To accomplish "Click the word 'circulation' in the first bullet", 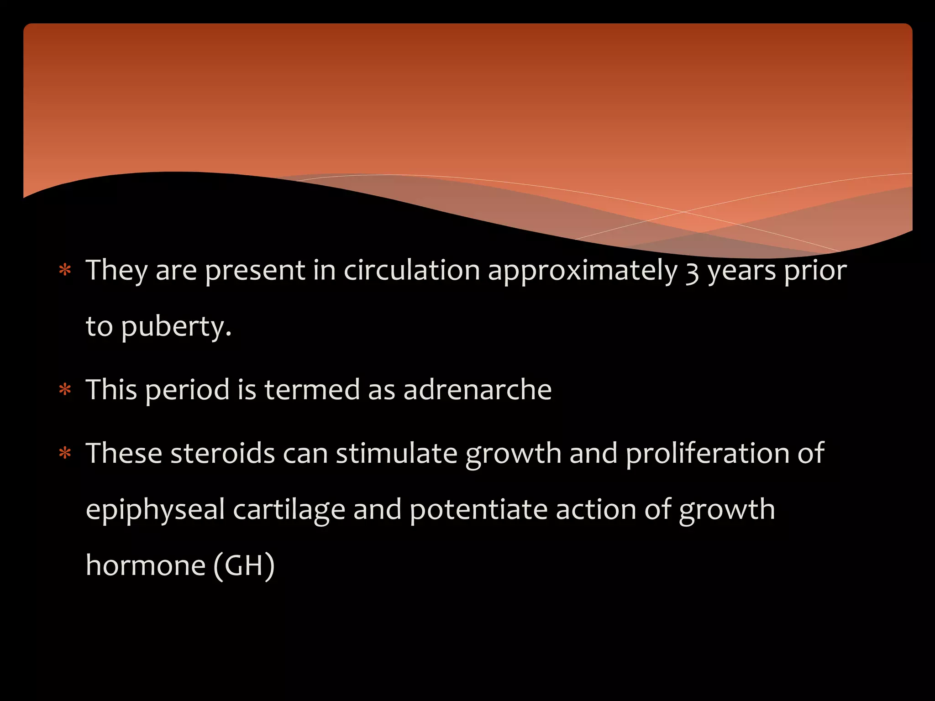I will tap(411, 270).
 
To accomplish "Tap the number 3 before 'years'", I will tap(692, 272).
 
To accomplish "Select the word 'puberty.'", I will tap(176, 327).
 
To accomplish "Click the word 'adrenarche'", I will tap(477, 390).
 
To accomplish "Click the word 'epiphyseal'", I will tap(155, 510).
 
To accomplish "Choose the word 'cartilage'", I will tap(289, 510).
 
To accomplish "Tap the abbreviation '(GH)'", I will tap(244, 565).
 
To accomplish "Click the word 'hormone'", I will tap(146, 565).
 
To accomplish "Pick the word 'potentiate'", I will tap(478, 509).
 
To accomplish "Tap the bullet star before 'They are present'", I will tap(65, 271).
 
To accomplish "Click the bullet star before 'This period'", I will tap(65, 390).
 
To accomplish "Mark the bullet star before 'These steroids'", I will tap(65, 454).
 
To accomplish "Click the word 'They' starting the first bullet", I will tap(117, 270).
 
